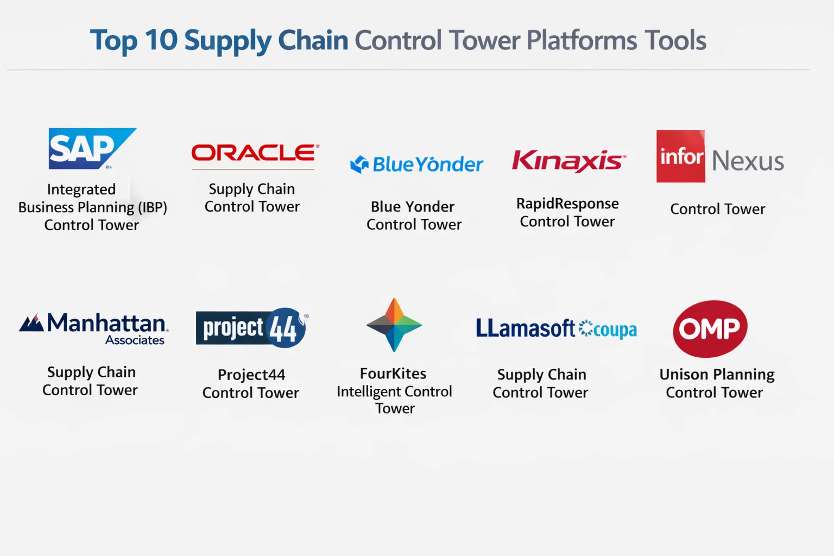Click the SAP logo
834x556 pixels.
92,149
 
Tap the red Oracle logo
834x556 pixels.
255,153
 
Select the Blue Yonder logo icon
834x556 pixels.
359,164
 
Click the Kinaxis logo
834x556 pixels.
569,161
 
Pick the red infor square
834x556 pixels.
680,156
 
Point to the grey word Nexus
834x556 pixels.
748,161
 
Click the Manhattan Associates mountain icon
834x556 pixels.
31,323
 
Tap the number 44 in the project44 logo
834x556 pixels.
283,328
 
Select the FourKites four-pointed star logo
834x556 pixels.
394,325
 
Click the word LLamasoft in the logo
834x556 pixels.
526,328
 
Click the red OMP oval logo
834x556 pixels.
710,329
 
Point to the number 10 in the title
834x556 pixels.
161,40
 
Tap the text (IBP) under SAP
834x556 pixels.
153,207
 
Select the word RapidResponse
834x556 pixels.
567,204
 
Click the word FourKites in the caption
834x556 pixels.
393,374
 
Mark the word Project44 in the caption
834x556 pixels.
252,375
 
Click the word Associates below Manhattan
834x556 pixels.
135,340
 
